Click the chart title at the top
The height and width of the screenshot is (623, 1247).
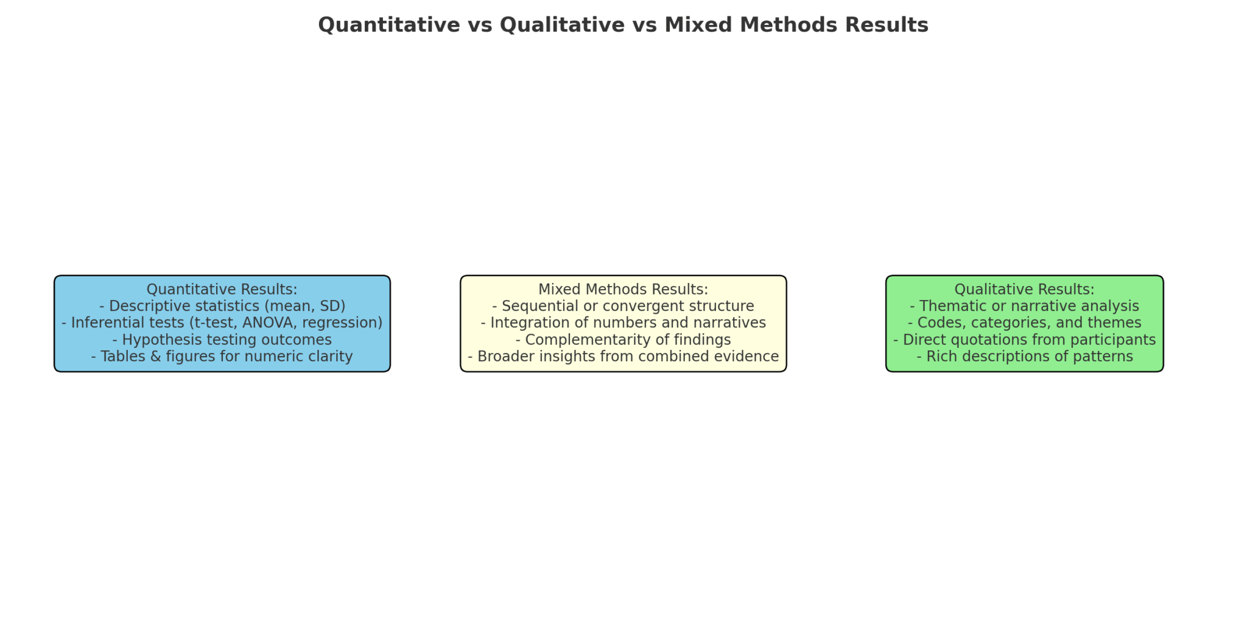tap(623, 25)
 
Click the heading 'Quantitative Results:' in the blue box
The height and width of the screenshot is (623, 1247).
tap(222, 290)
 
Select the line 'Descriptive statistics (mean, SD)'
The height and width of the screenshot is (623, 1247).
tap(222, 306)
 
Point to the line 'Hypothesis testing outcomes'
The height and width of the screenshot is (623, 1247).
tap(222, 339)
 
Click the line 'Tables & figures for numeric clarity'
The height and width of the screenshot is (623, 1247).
tap(222, 357)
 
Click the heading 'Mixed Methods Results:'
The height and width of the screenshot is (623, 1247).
tap(623, 290)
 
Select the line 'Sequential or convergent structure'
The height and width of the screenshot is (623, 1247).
tap(623, 306)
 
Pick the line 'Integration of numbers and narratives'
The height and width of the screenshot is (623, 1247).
tap(623, 323)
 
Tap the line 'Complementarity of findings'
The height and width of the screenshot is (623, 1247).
tap(623, 339)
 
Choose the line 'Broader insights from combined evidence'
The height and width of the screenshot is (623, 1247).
tap(623, 357)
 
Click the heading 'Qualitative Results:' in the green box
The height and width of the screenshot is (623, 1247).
tap(1024, 290)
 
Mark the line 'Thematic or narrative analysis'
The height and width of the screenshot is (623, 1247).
tap(1024, 306)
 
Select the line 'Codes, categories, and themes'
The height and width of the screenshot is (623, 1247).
tap(1024, 323)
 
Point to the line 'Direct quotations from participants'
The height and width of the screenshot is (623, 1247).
tap(1024, 339)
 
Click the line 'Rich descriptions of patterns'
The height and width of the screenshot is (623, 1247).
tap(1024, 357)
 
